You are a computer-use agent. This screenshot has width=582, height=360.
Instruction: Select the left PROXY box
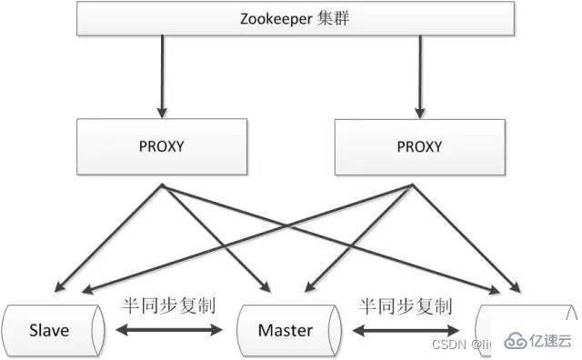click(x=163, y=145)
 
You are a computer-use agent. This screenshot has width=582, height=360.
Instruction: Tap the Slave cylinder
click(x=51, y=329)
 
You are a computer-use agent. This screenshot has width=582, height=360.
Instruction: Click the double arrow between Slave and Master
click(x=172, y=330)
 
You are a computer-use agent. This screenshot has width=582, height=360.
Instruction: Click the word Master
click(x=285, y=329)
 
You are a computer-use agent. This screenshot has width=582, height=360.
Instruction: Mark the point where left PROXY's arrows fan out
click(x=163, y=186)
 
